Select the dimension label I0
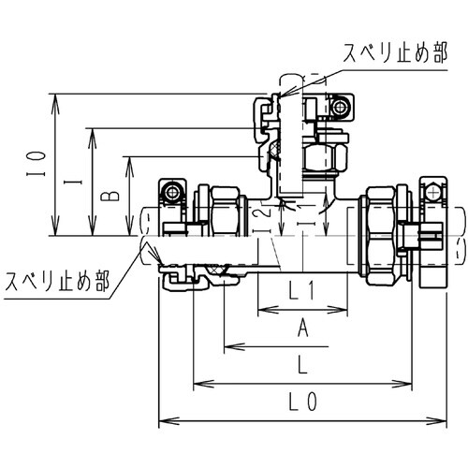tap(33, 167)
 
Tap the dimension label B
tap(108, 196)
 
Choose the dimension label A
tap(301, 327)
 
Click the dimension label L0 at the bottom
tap(301, 404)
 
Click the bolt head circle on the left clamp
tap(172, 192)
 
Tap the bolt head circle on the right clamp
tap(432, 192)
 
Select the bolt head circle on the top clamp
tap(340, 107)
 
